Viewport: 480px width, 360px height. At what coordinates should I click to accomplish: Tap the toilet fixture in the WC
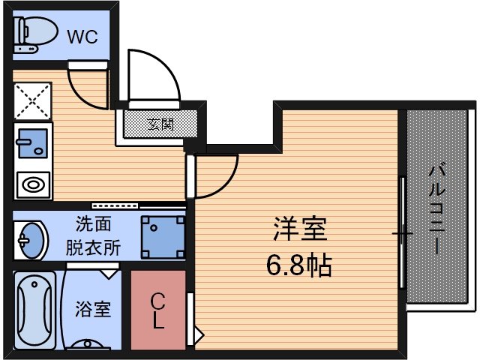coord(34,33)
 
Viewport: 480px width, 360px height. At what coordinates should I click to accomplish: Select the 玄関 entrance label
coord(160,123)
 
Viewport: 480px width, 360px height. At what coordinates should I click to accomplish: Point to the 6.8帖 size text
coord(299,265)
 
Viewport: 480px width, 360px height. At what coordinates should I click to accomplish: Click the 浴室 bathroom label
coord(93,308)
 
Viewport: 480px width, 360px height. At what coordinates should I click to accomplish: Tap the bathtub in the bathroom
coord(35,309)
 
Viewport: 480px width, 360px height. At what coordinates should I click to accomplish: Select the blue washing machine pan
coord(163,237)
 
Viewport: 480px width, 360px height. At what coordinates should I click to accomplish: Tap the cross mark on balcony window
coord(403,234)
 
